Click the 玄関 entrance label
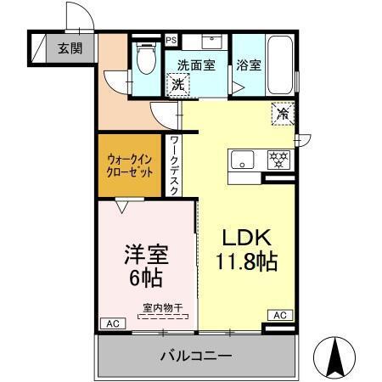pos(70,48)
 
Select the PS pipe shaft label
pos(171,40)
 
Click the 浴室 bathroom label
pos(248,64)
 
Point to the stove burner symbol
pos(278,158)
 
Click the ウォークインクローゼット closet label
pos(132,165)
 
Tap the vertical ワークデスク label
pos(174,166)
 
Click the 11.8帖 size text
pos(244,261)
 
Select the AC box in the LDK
pos(279,314)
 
